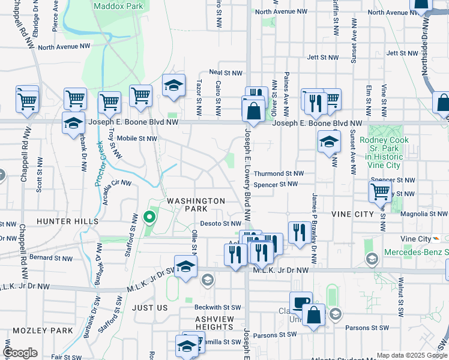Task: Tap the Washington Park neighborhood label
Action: [x=196, y=205]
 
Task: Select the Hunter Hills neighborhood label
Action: [x=67, y=221]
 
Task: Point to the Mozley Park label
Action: [x=44, y=331]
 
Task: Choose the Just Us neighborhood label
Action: [x=149, y=308]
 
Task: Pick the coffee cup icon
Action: [x=301, y=302]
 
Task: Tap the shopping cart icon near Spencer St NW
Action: [x=379, y=192]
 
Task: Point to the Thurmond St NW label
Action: [x=278, y=173]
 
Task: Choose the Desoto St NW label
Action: [x=224, y=224]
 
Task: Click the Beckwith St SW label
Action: [x=217, y=307]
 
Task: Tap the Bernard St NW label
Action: [x=50, y=258]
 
